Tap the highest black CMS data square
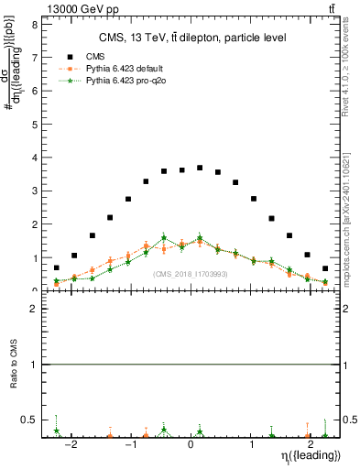tap(200, 168)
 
